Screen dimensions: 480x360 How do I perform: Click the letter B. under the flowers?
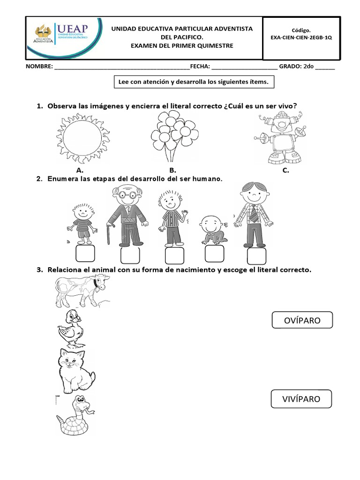tap(172, 171)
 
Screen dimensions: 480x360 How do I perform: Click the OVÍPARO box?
tap(302, 321)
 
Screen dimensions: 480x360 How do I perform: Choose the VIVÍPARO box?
tap(301, 399)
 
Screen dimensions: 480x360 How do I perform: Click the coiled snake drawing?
tap(75, 414)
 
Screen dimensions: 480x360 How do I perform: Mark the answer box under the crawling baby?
tap(214, 255)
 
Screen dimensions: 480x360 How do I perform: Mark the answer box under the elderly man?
tap(130, 255)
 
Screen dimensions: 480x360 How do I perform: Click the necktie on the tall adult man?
tap(253, 214)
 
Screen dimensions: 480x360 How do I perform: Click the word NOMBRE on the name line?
tap(39, 67)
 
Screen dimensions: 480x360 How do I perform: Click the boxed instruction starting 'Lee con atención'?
tap(194, 82)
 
